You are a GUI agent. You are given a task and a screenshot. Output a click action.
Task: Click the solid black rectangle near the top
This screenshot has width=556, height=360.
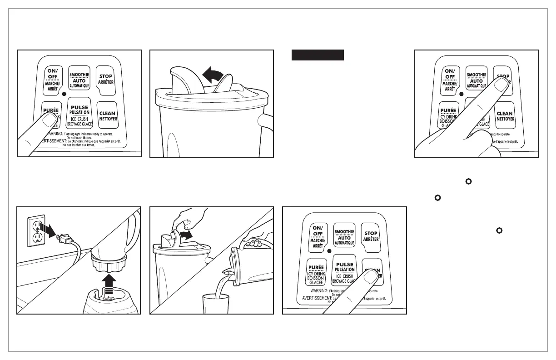[x=317, y=55]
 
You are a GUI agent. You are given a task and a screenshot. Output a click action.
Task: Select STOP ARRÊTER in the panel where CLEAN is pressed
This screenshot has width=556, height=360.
[x=372, y=236]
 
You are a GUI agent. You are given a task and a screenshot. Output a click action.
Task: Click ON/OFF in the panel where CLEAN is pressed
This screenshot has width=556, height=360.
[x=318, y=236]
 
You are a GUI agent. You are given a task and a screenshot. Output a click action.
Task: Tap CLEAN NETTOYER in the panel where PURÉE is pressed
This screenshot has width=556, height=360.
[x=107, y=116]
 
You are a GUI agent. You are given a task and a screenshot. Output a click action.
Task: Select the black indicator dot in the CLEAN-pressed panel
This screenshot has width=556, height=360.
[x=329, y=251]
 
